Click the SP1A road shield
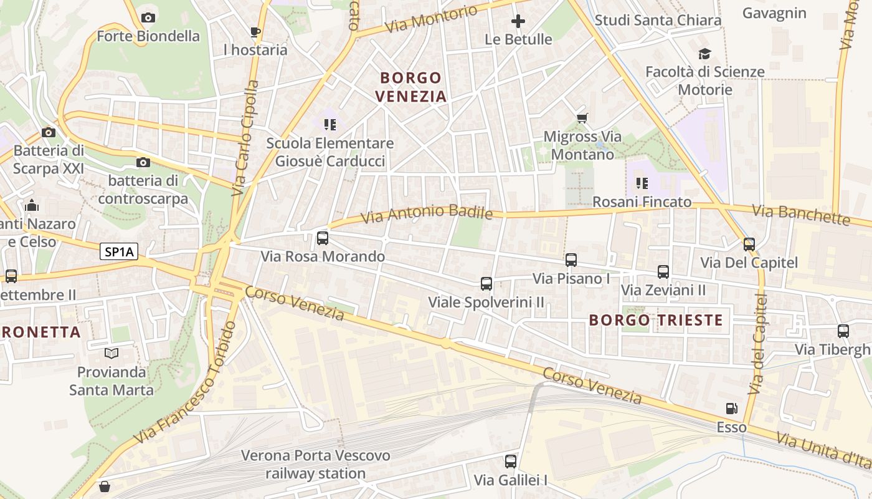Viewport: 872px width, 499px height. click(x=118, y=251)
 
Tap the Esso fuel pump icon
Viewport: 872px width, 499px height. click(x=732, y=409)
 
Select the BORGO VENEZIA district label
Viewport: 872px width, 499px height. click(x=411, y=87)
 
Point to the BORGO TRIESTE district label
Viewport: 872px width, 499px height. click(x=656, y=321)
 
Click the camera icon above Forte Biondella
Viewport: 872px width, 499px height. click(x=148, y=17)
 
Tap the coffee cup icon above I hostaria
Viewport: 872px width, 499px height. click(x=255, y=32)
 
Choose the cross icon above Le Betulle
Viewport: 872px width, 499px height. click(x=518, y=22)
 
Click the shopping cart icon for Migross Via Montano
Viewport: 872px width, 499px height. click(x=582, y=118)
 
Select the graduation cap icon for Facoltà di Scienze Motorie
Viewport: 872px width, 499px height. click(x=704, y=54)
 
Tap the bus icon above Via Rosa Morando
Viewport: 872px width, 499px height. click(x=323, y=238)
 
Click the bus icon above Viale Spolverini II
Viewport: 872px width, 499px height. click(x=486, y=284)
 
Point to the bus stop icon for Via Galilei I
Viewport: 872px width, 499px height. click(x=511, y=462)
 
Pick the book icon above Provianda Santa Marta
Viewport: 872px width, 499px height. click(x=111, y=354)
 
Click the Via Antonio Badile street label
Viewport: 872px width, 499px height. click(x=427, y=214)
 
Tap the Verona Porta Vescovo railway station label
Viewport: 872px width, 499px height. click(x=316, y=464)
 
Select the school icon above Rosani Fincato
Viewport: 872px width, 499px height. click(x=642, y=183)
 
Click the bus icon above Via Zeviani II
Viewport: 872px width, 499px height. click(x=663, y=272)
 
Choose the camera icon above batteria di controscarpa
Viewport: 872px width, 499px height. click(x=143, y=163)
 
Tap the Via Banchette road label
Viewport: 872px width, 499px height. click(x=801, y=214)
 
